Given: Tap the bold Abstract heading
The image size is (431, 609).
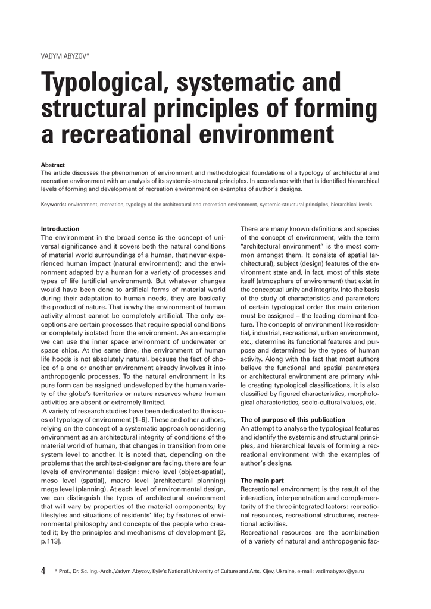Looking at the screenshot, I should tap(52, 165).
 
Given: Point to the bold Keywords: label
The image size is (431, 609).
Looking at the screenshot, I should tap(53, 204).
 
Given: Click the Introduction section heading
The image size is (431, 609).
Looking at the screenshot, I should tap(60, 229).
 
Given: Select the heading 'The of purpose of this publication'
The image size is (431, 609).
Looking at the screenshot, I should tap(292, 420).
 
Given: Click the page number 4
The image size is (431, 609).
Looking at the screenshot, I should tap(43, 571).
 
